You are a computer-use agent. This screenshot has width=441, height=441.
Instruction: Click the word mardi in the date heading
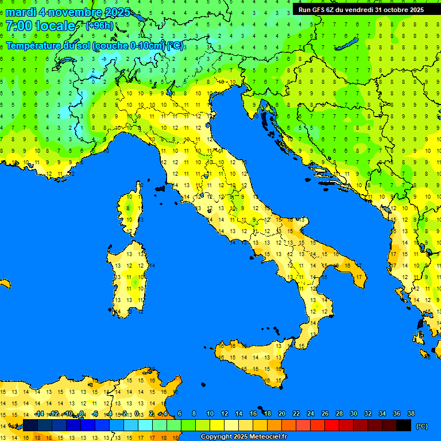click(21, 12)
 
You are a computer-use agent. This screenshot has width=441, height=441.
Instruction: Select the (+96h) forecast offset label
click(99, 26)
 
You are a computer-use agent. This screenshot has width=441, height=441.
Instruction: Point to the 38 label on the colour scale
click(411, 414)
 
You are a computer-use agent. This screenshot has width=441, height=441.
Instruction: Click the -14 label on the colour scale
click(39, 414)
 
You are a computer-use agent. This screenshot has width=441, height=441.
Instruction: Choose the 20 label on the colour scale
click(281, 414)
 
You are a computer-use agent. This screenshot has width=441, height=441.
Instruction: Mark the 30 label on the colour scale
click(353, 414)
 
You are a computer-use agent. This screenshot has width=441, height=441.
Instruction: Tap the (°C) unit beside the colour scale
click(421, 426)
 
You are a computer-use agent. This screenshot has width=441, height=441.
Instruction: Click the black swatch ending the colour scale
click(404, 425)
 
